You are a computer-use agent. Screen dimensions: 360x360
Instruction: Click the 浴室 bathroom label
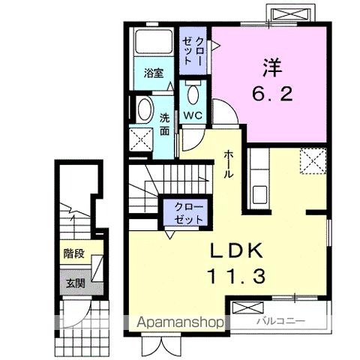pyautogui.click(x=154, y=73)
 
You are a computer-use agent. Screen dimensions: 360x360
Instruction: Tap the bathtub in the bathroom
pyautogui.click(x=154, y=41)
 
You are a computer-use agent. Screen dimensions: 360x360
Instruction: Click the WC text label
pyautogui.click(x=193, y=115)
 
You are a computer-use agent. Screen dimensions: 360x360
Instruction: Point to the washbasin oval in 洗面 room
pyautogui.click(x=145, y=110)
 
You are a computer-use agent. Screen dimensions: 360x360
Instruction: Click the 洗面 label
pyautogui.click(x=164, y=124)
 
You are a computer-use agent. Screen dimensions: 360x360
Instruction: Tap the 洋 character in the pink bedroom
pyautogui.click(x=272, y=67)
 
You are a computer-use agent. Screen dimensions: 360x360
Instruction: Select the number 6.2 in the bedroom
pyautogui.click(x=272, y=94)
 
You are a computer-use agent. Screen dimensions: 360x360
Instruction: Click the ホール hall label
pyautogui.click(x=228, y=164)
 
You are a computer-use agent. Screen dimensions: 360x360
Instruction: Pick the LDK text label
pyautogui.click(x=236, y=250)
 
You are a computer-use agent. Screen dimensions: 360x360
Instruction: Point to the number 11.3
pyautogui.click(x=236, y=277)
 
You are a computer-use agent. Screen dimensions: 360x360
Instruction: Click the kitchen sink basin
pyautogui.click(x=259, y=195)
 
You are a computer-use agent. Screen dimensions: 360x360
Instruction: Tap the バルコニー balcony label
pyautogui.click(x=281, y=321)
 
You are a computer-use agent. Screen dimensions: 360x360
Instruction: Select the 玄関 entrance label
pyautogui.click(x=76, y=283)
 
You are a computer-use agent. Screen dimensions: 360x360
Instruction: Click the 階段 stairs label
pyautogui.click(x=73, y=253)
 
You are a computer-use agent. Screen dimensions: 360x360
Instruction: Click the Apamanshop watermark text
pyautogui.click(x=180, y=322)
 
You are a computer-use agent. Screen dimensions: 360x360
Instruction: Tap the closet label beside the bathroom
pyautogui.click(x=193, y=51)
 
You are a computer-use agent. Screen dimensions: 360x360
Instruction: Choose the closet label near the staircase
pyautogui.click(x=188, y=213)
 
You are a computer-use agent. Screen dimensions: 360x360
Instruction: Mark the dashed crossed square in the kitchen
pyautogui.click(x=313, y=160)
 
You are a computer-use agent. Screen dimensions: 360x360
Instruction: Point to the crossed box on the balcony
pyautogui.click(x=247, y=307)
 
